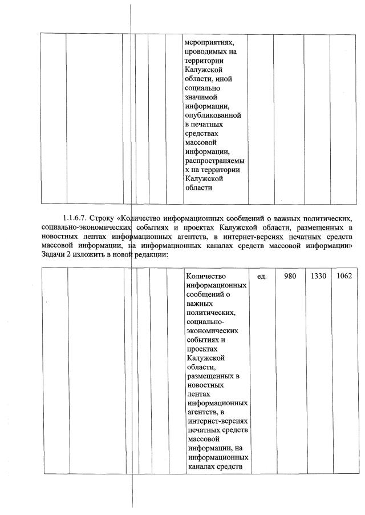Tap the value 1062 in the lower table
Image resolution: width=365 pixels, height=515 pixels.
(x=344, y=277)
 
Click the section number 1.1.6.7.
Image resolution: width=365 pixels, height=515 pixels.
(x=75, y=218)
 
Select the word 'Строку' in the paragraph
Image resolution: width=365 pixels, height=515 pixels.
(x=103, y=218)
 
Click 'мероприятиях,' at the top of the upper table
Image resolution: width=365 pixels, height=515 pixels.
(x=209, y=42)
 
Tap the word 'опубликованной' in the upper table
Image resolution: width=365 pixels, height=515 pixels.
(x=213, y=115)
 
